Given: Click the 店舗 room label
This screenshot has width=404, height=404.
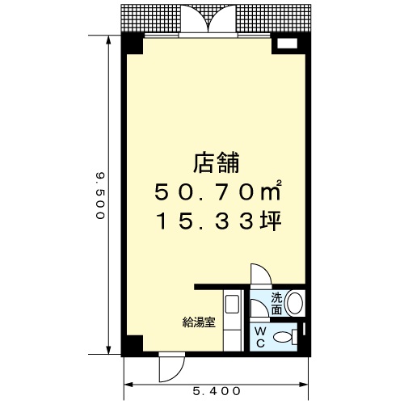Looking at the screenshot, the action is [217, 162].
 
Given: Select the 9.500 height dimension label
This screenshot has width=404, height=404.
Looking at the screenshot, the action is [100, 196].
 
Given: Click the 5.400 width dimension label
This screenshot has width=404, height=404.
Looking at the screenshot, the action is [217, 391].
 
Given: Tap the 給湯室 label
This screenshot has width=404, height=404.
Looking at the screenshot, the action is [199, 322].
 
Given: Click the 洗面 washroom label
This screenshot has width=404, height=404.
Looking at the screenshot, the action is [276, 304].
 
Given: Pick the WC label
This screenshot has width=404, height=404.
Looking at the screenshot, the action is [260, 337].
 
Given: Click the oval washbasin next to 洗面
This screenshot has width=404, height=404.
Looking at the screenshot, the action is [295, 303].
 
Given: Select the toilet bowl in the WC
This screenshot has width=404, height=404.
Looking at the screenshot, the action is [282, 337].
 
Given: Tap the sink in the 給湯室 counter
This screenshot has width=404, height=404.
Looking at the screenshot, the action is [232, 304].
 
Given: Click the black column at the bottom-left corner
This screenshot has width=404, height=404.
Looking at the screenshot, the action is [133, 345].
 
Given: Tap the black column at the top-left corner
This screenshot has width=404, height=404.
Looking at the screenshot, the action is [133, 44].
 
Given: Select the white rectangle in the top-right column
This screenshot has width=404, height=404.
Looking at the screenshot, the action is [287, 44].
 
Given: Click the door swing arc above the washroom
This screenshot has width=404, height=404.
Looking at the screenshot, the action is [261, 273].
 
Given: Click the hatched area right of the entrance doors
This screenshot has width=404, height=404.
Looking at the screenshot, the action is [274, 19].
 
